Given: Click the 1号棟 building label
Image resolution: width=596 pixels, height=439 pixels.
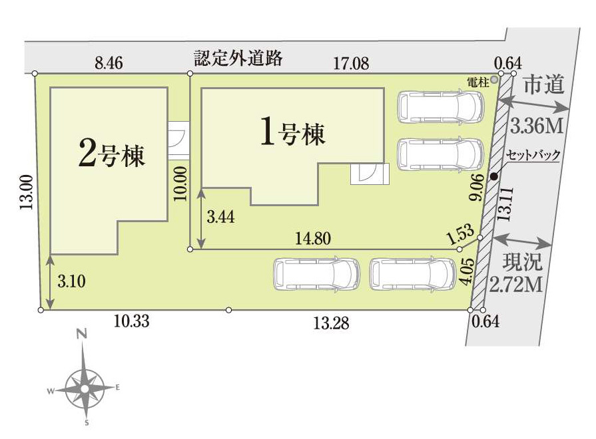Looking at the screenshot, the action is pos(293,132).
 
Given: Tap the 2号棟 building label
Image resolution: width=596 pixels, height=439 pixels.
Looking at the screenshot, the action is pos(112,154).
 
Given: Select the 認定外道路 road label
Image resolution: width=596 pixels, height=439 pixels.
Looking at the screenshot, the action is pos(238,58).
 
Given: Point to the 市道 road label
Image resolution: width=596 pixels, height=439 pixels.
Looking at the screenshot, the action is pos(543,84).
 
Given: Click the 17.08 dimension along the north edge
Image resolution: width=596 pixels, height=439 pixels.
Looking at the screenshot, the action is pos(351,63).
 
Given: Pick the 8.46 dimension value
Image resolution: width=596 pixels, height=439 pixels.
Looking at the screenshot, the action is pos(109,63).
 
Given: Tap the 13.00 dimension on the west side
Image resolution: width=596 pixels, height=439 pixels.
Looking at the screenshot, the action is pos(27,192).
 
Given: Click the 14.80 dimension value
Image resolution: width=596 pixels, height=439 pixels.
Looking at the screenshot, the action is pos(313,239).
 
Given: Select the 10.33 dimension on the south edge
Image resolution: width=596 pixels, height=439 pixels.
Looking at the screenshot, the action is pos(131,321).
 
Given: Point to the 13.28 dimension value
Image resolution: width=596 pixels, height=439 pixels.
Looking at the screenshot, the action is pos(331,323).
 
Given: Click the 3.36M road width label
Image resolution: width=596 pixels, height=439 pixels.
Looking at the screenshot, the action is pos(536,126).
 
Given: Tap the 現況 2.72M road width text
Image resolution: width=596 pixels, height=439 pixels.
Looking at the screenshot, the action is pos(517,273).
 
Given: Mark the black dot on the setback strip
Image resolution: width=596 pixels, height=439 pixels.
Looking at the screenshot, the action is pos(493,176).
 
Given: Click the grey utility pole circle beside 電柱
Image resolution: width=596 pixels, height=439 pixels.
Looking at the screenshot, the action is pos(493,79).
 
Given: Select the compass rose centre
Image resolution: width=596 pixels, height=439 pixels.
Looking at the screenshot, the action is pos(85,389).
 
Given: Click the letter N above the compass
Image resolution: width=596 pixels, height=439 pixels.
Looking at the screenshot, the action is pos(82,334).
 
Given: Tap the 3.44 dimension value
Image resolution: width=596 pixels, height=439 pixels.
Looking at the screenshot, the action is pos(220,218).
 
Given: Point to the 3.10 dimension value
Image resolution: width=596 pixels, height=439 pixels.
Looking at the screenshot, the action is pos(71,281).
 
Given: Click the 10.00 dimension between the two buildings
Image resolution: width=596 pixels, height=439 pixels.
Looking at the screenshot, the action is pos(180,184).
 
